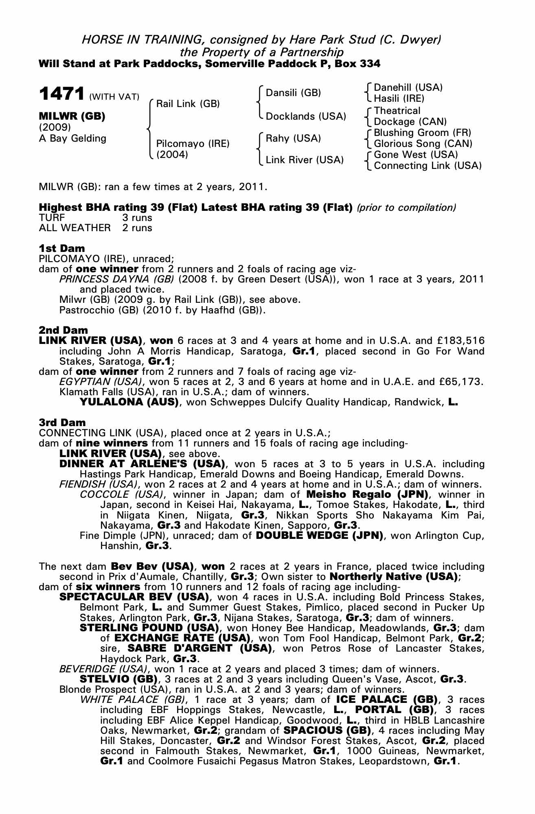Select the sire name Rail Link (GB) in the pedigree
pyautogui.click(x=188, y=104)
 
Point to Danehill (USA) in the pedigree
pyautogui.click(x=408, y=88)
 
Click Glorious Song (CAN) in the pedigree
pyautogui.click(x=423, y=144)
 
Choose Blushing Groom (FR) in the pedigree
pyautogui.click(x=422, y=133)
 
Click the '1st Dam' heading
pyautogui.click(x=62, y=248)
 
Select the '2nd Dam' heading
pyautogui.click(x=63, y=330)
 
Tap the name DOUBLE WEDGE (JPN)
pyautogui.click(x=319, y=535)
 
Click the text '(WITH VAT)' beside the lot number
pyautogui.click(x=114, y=97)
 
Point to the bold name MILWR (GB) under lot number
pyautogui.click(x=72, y=116)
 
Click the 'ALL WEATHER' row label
pyautogui.click(x=75, y=228)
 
